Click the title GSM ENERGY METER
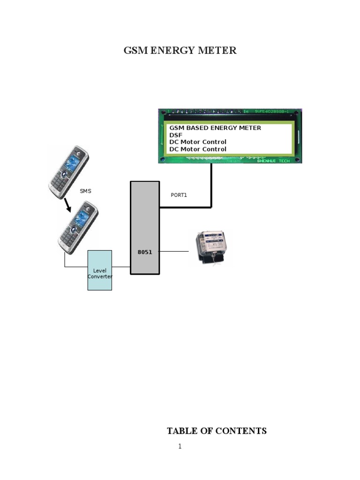click(180, 51)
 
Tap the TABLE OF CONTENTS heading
click(217, 431)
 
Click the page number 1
click(180, 446)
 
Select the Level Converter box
click(99, 270)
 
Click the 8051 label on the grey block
click(144, 252)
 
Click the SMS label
click(85, 191)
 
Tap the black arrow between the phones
click(68, 204)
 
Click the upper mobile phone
click(69, 172)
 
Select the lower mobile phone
click(78, 227)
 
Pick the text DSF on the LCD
click(176, 135)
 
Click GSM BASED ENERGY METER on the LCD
click(215, 127)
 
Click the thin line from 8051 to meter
click(174, 252)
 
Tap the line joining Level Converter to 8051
click(121, 267)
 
